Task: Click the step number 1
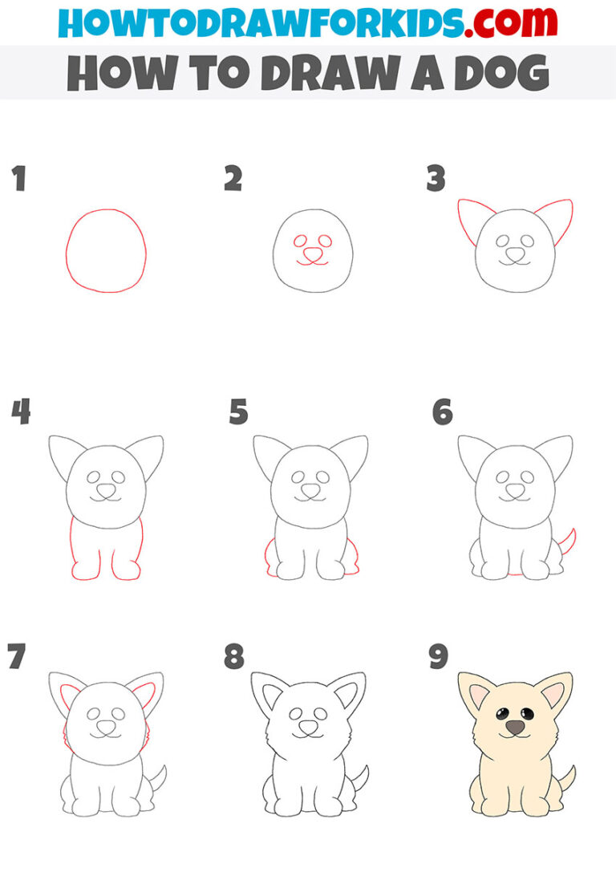18,179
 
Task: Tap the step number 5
238,412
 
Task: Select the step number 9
438,657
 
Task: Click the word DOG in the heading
504,73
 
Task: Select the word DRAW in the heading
340,73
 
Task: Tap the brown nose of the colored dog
514,727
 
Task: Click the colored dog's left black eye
503,712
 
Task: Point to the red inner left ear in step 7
70,693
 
